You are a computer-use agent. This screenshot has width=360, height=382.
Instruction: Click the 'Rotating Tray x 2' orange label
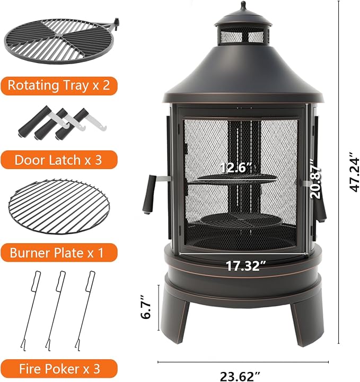(x=59, y=86)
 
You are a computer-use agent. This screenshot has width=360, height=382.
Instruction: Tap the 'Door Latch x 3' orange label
(x=59, y=160)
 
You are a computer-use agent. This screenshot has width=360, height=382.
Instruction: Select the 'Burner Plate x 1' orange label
(x=59, y=253)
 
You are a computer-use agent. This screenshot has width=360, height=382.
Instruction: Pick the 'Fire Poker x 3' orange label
(x=59, y=369)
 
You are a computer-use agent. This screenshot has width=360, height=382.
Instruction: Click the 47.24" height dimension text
(x=354, y=172)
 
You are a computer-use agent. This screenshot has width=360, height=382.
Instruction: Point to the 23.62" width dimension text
(x=240, y=376)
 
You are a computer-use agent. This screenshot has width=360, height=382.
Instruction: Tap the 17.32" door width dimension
(x=246, y=266)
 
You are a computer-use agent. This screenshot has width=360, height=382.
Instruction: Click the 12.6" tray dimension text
(x=236, y=167)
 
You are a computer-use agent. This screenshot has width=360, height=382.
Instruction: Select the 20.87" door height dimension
(x=315, y=179)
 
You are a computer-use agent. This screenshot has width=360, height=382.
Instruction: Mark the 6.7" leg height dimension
(x=146, y=307)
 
